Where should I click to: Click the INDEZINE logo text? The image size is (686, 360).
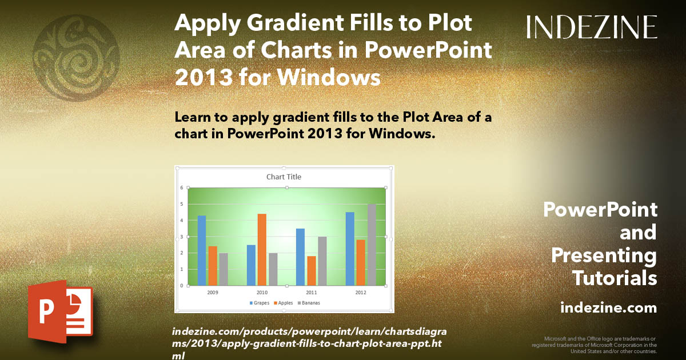click(x=592, y=27)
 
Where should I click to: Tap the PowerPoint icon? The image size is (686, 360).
click(x=60, y=311)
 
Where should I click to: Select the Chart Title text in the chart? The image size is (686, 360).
click(x=284, y=177)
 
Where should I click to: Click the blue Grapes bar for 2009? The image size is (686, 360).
click(x=201, y=250)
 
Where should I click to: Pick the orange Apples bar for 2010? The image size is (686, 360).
click(x=262, y=249)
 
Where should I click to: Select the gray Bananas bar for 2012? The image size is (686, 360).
click(x=372, y=245)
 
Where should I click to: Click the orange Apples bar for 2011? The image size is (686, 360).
click(x=312, y=270)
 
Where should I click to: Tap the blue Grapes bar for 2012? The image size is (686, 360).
click(x=350, y=249)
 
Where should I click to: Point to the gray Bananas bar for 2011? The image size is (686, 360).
click(x=322, y=261)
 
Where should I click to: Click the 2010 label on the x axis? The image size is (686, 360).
click(x=262, y=291)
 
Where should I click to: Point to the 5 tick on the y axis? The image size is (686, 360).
click(x=181, y=204)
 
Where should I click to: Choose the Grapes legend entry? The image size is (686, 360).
click(x=260, y=302)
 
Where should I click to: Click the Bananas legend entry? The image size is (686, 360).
click(x=309, y=302)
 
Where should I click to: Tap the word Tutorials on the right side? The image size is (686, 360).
click(x=615, y=278)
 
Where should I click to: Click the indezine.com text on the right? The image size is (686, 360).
click(x=608, y=308)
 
